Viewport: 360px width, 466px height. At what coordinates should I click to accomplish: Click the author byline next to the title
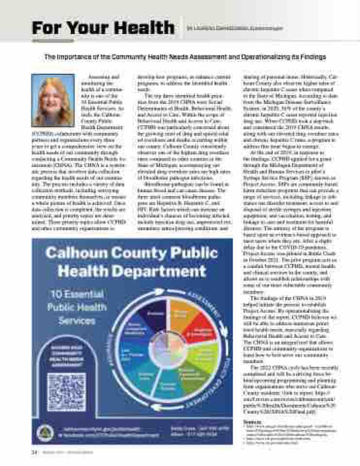coord(235,28)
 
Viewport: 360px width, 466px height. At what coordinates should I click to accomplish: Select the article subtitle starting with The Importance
coord(185,57)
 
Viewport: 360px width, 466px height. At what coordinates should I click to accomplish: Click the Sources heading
coord(250,422)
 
